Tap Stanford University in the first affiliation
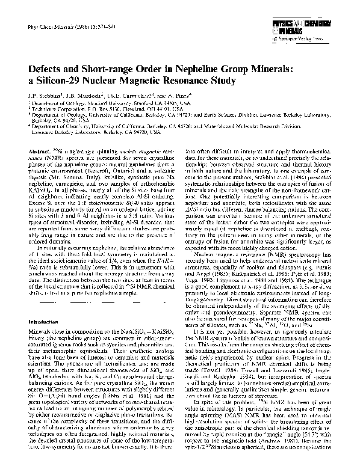click(x=129, y=103)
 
